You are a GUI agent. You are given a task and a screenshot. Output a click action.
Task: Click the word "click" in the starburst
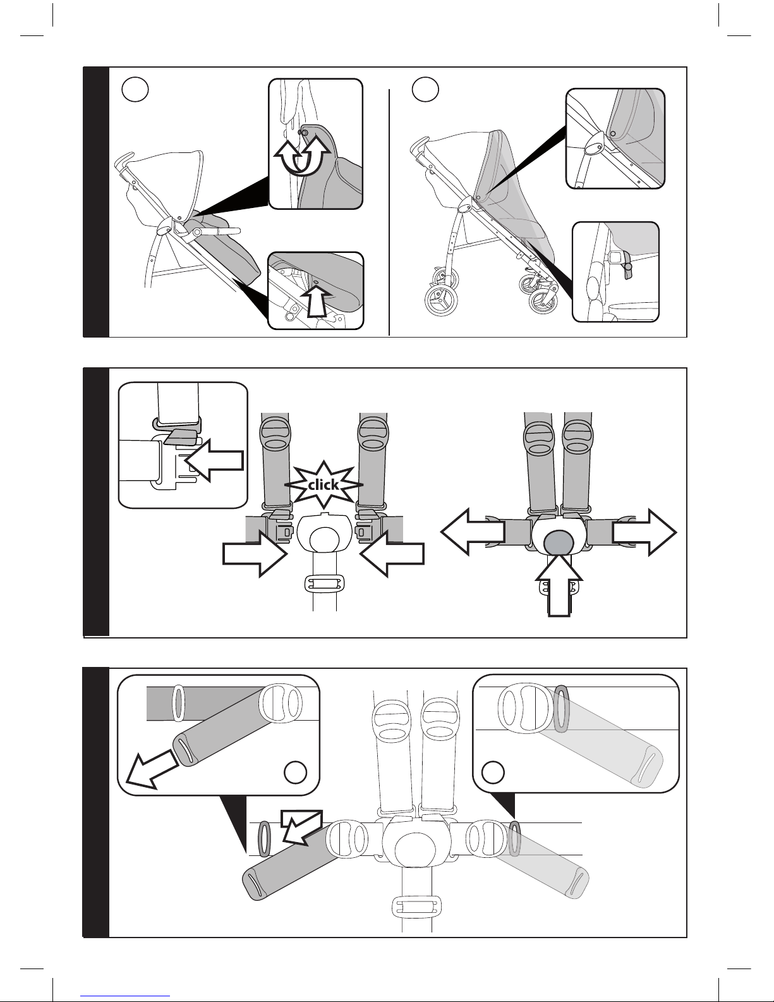pyautogui.click(x=323, y=486)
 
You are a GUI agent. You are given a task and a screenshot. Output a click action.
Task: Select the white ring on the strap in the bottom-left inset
pyautogui.click(x=178, y=702)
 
